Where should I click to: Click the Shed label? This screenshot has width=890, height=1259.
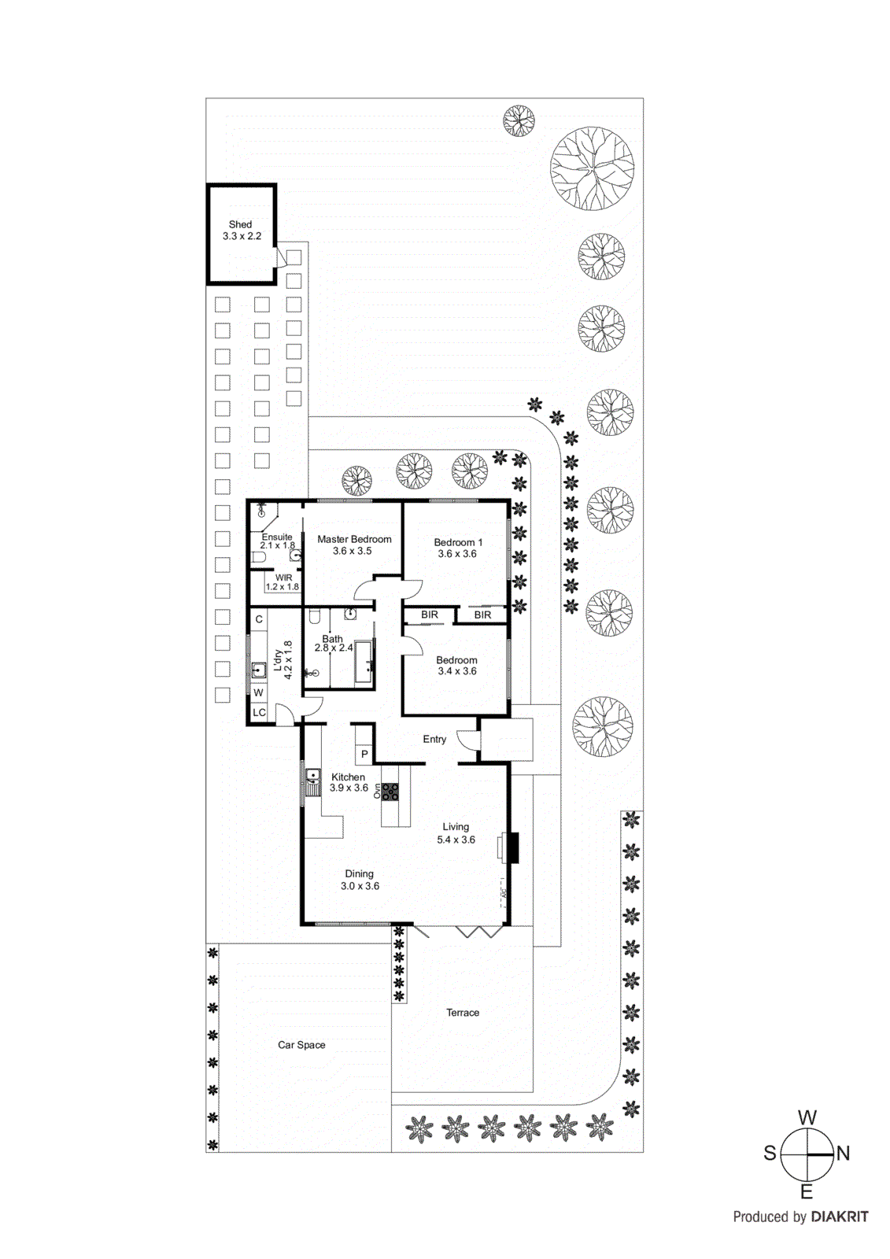[x=240, y=224]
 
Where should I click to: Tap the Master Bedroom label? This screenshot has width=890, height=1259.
[x=354, y=539]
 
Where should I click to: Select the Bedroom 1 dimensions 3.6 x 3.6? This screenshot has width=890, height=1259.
[x=457, y=554]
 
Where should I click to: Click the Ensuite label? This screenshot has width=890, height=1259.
[x=277, y=537]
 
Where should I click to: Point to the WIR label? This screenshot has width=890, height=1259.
[x=283, y=578]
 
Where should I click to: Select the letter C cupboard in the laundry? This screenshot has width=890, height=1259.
[x=259, y=619]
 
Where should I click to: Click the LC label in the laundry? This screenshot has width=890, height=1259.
[x=259, y=712]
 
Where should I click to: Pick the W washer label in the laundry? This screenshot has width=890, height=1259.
[x=258, y=692]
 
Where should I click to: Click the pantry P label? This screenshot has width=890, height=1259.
[x=364, y=754]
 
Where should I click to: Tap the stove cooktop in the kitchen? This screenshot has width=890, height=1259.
[x=390, y=792]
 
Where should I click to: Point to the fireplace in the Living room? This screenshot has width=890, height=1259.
[x=511, y=848]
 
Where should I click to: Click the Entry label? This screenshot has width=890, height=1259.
[x=434, y=739]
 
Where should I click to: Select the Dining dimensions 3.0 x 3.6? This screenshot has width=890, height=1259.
[x=360, y=886]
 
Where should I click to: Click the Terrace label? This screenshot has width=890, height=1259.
[x=463, y=1013]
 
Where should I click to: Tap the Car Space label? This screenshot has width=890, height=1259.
[x=301, y=1045]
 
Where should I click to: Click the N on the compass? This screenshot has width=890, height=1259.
[x=844, y=1154]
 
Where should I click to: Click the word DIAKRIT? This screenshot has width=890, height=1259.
[x=840, y=1217]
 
